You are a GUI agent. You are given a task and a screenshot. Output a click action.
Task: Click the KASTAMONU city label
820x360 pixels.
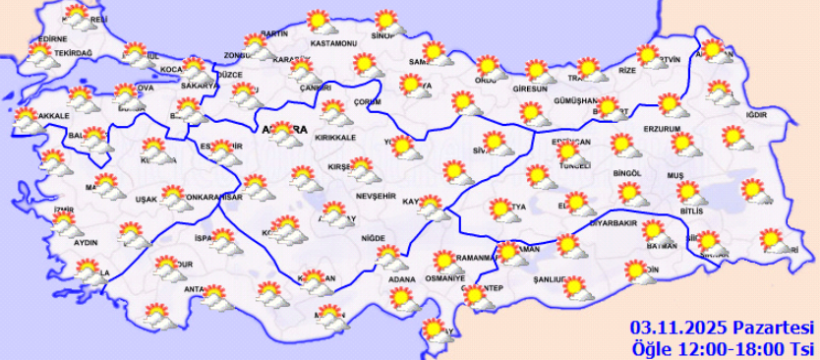(332, 44)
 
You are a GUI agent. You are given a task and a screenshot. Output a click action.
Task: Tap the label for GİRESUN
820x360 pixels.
(530, 89)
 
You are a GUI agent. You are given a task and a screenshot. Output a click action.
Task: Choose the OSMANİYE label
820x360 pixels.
(444, 279)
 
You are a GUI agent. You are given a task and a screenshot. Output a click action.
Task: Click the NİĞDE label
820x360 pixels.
(374, 238)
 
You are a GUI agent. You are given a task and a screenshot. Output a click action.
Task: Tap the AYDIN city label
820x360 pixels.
(87, 242)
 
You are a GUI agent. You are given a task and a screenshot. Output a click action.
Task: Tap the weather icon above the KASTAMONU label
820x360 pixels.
(318, 21)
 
